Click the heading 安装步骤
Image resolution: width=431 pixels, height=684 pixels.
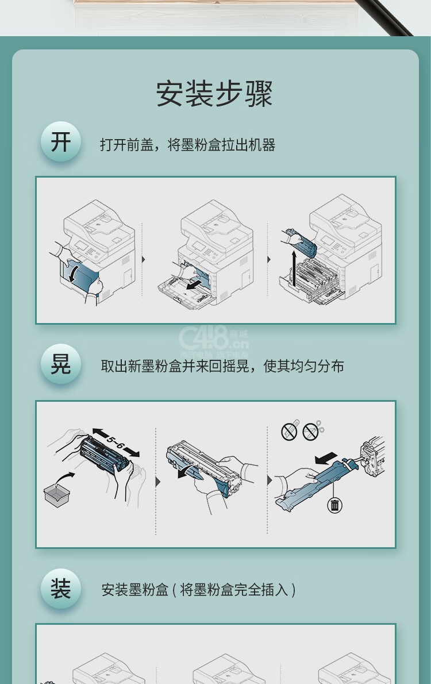214,93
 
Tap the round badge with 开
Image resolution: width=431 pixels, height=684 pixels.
61,142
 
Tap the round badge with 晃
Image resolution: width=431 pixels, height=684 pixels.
61,364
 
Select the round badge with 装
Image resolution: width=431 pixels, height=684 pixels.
61,589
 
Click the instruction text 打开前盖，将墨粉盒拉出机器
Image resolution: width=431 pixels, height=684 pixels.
187,145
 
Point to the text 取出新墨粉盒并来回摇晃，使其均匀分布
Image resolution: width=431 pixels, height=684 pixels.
222,366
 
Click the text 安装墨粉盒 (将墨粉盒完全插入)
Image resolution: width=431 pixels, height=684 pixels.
198,590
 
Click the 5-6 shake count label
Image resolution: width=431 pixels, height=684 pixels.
116,443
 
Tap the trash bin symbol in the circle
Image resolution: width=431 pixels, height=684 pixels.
334,505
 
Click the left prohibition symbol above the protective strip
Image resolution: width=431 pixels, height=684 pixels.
289,432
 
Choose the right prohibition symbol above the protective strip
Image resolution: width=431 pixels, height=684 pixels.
310,432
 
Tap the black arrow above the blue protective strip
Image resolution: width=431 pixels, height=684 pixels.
326,458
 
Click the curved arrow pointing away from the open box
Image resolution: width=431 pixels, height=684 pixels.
64,478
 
